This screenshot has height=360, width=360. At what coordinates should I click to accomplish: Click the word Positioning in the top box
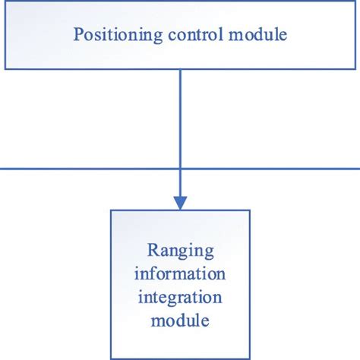click(x=111, y=34)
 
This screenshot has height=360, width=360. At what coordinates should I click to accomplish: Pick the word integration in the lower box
click(x=179, y=297)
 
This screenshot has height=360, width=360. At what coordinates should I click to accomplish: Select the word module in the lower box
click(x=179, y=320)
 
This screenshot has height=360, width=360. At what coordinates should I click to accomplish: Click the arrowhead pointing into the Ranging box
click(x=180, y=202)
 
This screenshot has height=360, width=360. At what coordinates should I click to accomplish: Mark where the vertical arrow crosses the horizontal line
click(x=180, y=169)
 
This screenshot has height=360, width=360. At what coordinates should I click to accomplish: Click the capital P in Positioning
click(x=77, y=34)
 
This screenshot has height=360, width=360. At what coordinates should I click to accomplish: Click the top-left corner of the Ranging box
click(x=111, y=210)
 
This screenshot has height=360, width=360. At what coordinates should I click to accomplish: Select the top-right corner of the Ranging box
click(x=248, y=210)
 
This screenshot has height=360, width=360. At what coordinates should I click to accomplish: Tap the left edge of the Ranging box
click(x=111, y=285)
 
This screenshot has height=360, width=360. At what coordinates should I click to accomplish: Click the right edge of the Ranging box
click(x=248, y=285)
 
